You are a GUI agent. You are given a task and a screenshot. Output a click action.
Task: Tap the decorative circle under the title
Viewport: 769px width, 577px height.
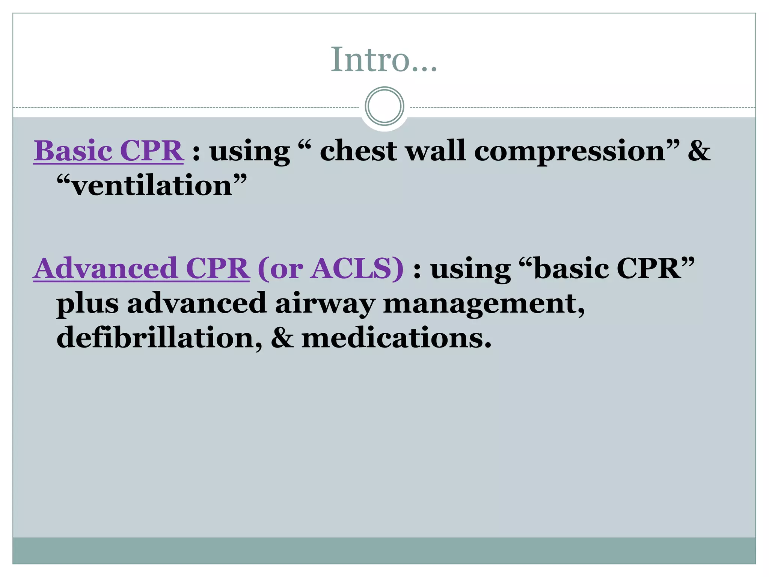point(384,106)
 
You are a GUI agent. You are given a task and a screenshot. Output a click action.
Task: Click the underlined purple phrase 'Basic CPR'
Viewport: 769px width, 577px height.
point(109,151)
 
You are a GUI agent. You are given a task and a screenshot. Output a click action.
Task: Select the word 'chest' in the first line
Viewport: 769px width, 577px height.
point(358,151)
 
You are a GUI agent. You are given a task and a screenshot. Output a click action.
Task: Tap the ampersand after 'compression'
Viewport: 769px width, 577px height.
point(699,151)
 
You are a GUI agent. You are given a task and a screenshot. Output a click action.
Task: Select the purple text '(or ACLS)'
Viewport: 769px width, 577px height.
point(330,269)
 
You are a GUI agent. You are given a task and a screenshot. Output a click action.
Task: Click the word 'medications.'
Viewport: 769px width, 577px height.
point(397,337)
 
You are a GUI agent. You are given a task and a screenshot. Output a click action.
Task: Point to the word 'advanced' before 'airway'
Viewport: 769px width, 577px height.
point(197,303)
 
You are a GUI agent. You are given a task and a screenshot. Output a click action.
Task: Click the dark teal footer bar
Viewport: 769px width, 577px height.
point(384,550)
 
